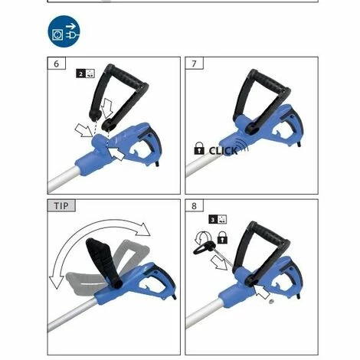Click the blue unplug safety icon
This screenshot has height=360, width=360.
coord(64,31)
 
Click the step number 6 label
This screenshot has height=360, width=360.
coord(57,64)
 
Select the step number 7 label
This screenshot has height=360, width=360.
coord(195,64)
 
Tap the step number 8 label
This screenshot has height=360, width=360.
coord(195,206)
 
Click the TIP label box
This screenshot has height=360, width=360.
coord(61,206)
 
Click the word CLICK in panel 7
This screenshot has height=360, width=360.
coord(224,151)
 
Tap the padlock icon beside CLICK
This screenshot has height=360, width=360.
coord(199,149)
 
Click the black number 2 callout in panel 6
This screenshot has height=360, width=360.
coord(81,74)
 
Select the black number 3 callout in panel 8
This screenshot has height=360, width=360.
coord(213,220)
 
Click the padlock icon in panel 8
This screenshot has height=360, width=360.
coord(223,237)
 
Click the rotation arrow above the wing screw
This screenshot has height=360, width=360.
coord(202,237)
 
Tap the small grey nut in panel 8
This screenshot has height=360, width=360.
coord(271,301)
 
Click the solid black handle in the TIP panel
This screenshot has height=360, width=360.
coord(102,262)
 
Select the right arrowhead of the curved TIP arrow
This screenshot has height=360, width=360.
coord(144,229)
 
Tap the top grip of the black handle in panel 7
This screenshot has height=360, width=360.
coord(270,80)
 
